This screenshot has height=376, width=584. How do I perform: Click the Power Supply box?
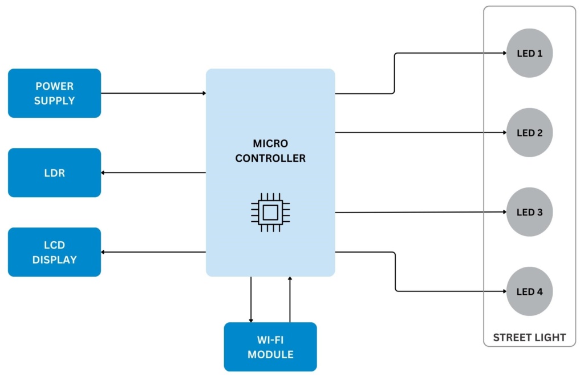[x=54, y=93]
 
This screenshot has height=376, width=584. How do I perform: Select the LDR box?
[x=54, y=173]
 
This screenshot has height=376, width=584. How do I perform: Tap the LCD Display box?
[x=54, y=252]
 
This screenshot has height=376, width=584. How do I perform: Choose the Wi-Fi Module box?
[x=270, y=347]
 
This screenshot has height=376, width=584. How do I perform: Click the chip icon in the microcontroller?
[x=270, y=213]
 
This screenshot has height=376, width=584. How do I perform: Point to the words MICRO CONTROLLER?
[x=270, y=151]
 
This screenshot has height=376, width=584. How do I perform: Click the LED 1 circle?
[x=529, y=53]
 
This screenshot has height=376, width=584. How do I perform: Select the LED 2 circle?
[x=529, y=133]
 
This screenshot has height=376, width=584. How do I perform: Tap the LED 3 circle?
[x=529, y=212]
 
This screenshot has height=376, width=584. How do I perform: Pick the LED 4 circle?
[x=529, y=291]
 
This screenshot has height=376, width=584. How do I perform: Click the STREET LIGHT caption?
[x=529, y=337]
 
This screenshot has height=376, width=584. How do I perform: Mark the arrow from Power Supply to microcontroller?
[x=153, y=93]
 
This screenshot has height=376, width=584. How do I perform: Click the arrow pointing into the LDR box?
[x=153, y=173]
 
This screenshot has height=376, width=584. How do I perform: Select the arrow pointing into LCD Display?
[x=153, y=252]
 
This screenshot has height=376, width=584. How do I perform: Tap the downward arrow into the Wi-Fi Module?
[x=251, y=299]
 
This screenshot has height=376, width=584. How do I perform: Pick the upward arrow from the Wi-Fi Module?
[x=290, y=299]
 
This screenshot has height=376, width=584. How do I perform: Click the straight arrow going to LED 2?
[x=420, y=133]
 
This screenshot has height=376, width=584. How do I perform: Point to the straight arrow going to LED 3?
[x=420, y=212]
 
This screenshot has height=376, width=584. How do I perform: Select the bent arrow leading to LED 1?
[x=395, y=73]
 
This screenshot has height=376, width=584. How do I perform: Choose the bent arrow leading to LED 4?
[x=395, y=272]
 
